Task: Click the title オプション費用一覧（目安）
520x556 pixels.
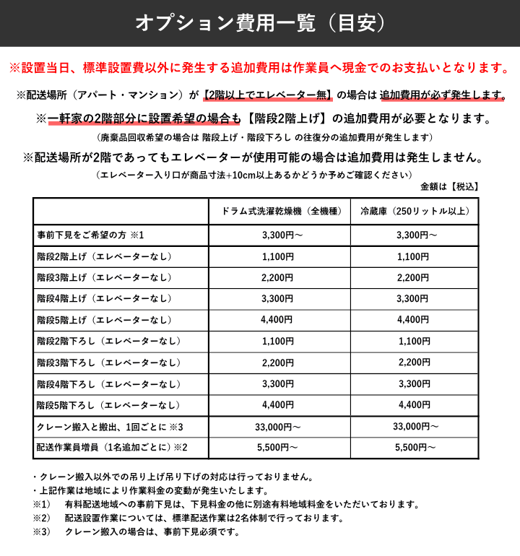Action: [260, 23]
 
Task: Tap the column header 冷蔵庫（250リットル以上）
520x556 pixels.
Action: [415, 212]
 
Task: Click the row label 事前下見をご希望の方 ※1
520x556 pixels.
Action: [91, 235]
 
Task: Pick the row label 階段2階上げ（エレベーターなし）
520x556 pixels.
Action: [105, 256]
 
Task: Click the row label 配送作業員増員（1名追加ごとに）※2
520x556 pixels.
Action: [112, 448]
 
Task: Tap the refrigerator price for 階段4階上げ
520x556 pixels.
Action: [413, 298]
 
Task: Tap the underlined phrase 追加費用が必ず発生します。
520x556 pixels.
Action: [441, 95]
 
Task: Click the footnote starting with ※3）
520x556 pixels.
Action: [136, 532]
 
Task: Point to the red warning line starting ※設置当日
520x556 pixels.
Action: [260, 69]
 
